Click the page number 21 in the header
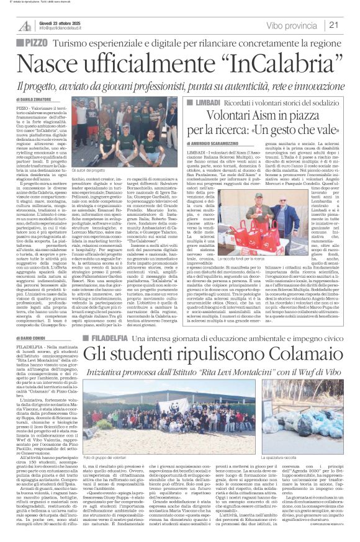[x=332, y=25]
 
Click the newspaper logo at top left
[x=25, y=25]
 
